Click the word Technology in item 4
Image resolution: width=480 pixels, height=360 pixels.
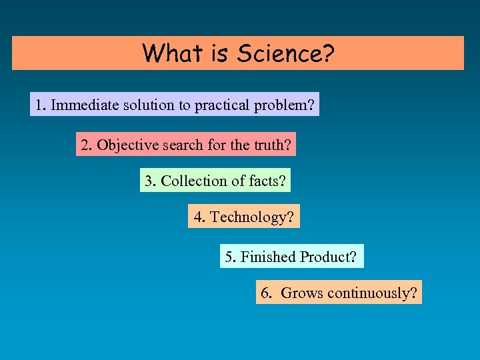click(x=252, y=217)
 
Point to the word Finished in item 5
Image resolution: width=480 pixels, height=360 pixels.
click(x=268, y=257)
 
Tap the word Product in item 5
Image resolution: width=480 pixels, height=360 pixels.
click(x=329, y=257)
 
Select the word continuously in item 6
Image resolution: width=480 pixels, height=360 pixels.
click(x=372, y=293)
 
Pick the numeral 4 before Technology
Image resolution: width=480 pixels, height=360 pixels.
click(x=197, y=217)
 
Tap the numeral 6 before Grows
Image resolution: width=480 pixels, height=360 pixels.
click(x=265, y=293)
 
